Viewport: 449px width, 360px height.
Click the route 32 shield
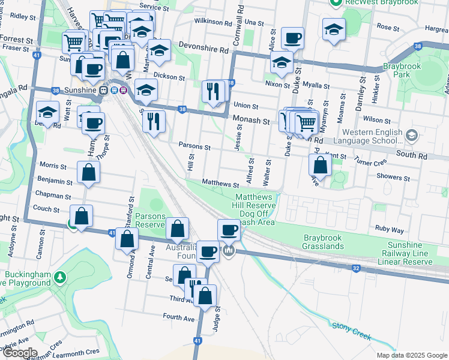(x=356, y=268)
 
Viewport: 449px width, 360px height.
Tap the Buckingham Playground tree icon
(x=59, y=277)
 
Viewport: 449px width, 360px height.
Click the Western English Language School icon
(x=411, y=135)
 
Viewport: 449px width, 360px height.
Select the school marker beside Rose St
(x=334, y=29)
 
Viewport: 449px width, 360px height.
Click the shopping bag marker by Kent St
(x=321, y=164)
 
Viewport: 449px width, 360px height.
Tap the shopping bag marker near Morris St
(x=88, y=172)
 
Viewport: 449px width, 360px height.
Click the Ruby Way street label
(x=389, y=229)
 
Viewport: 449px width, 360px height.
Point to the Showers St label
(x=393, y=178)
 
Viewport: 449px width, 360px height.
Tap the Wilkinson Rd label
(x=212, y=22)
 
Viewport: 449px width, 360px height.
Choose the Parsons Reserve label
(x=149, y=220)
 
